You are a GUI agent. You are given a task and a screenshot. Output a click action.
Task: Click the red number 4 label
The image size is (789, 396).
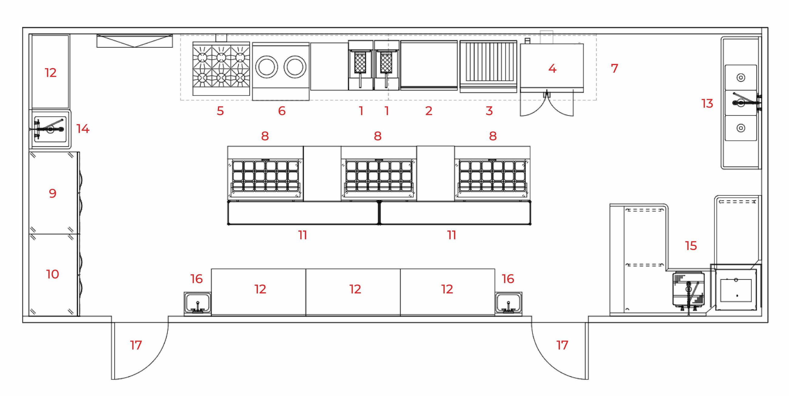coord(552,68)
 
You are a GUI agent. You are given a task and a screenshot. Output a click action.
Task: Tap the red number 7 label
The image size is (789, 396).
coord(615,68)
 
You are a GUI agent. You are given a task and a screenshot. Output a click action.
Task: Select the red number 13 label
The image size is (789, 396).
coord(707,104)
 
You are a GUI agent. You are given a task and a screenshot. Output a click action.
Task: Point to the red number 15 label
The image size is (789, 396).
coord(691,246)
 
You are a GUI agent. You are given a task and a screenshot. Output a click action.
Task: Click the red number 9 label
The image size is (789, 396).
coord(53,193)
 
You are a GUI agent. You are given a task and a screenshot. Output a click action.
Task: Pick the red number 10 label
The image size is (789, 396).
coord(52,274)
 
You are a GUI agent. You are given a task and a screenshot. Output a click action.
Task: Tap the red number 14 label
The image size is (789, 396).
coord(83,129)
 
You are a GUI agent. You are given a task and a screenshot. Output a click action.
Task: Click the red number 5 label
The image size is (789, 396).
coord(220,111)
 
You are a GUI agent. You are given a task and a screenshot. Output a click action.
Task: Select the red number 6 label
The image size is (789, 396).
coord(282,111)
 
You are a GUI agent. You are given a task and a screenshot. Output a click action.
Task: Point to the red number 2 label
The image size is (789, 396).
coord(429,111)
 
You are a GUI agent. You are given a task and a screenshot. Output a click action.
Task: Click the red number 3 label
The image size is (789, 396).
coord(489,111)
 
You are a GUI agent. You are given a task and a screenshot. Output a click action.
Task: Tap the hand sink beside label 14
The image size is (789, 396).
coord(50,129)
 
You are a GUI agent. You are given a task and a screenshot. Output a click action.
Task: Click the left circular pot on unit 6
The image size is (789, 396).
coord(266,67)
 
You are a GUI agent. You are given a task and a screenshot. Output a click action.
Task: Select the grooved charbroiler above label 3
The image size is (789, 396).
coord(488,66)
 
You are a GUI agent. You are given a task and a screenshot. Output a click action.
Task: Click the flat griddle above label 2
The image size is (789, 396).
coord(429,65)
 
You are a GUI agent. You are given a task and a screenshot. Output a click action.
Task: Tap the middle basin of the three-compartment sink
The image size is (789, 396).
coord(741,102)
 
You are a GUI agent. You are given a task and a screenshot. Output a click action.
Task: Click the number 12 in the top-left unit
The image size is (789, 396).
coord(51,73)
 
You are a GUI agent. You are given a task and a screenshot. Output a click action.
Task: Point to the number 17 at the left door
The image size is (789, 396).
coord(136,345)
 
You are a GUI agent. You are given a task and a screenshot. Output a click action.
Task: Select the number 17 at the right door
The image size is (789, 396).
coord(562,345)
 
